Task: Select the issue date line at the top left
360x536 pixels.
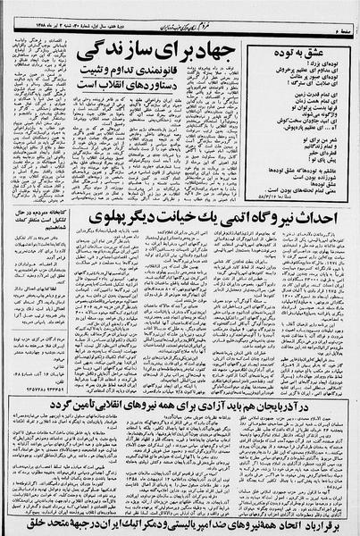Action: (x=54, y=7)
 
